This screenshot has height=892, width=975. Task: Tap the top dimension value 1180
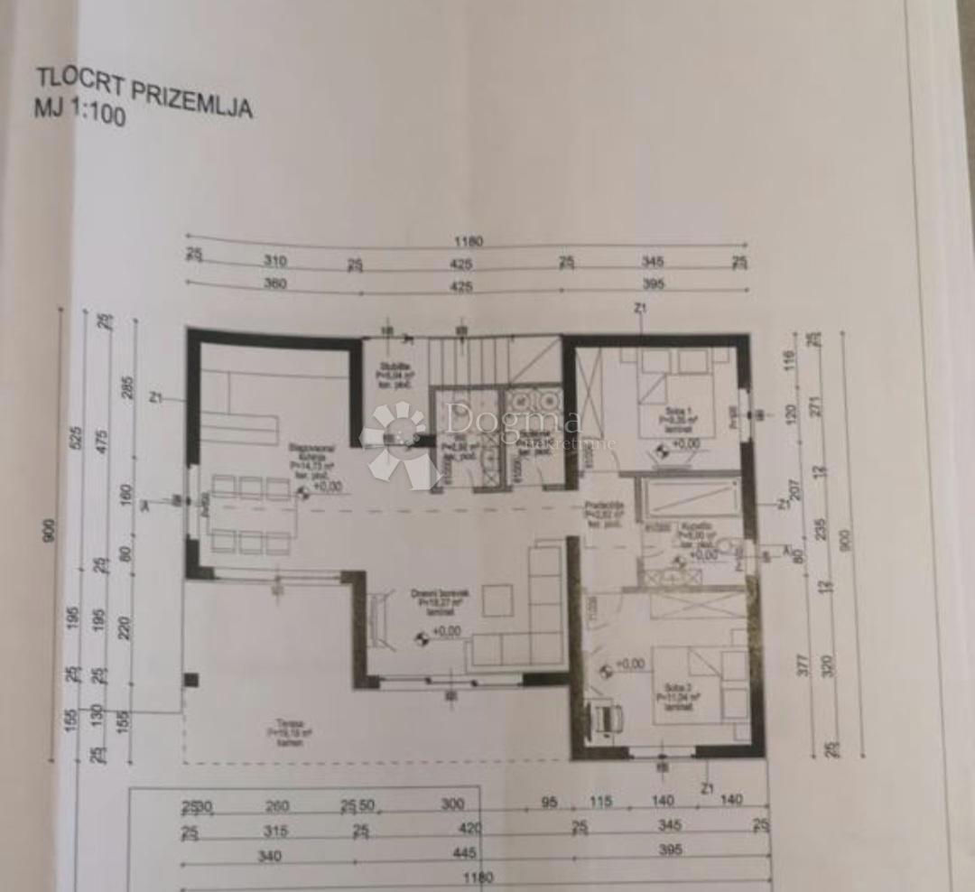(469, 241)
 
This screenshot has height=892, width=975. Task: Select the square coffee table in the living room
(497, 600)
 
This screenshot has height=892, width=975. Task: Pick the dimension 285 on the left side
(125, 387)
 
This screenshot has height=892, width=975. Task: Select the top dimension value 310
(274, 261)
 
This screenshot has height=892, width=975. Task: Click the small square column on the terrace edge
(190, 680)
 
